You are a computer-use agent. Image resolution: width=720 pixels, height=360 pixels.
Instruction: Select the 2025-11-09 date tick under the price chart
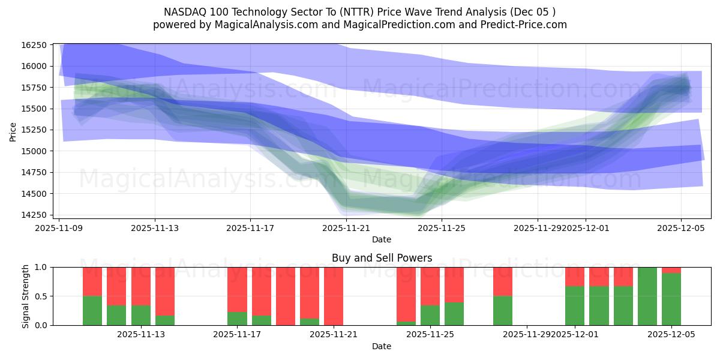59,227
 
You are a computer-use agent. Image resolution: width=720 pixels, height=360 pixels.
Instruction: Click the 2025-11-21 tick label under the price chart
346,227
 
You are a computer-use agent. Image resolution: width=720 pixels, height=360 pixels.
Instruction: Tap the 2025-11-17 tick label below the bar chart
238,335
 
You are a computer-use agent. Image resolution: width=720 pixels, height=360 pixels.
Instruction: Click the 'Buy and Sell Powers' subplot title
382,258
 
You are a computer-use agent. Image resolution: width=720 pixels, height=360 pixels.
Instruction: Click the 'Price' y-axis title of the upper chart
13,131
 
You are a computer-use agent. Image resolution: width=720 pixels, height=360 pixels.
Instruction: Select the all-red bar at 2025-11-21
334,296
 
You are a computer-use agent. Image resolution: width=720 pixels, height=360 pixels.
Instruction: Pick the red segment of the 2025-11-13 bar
141,286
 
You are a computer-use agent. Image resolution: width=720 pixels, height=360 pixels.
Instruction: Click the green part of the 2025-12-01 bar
575,305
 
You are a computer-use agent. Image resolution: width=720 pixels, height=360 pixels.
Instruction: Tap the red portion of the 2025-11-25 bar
430,286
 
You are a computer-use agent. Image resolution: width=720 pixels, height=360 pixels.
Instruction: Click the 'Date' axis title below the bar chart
382,346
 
